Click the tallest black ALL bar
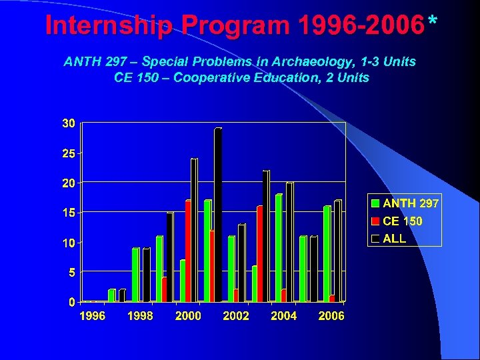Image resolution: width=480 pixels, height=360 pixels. (217, 215)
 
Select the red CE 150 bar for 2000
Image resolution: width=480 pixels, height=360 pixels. (188, 251)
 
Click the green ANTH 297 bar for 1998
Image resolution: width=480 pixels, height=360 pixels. (135, 275)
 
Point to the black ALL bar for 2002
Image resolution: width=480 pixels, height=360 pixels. (241, 263)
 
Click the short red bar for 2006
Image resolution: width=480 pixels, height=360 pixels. (332, 299)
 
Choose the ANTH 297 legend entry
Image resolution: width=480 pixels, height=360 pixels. (404, 203)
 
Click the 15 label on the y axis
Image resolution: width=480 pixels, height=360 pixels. (69, 213)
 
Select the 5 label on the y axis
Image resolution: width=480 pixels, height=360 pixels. (71, 272)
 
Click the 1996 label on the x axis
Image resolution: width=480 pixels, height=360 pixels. (92, 316)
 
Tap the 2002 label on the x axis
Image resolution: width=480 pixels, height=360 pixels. (236, 316)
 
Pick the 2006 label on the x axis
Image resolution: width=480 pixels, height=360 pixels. (331, 316)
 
